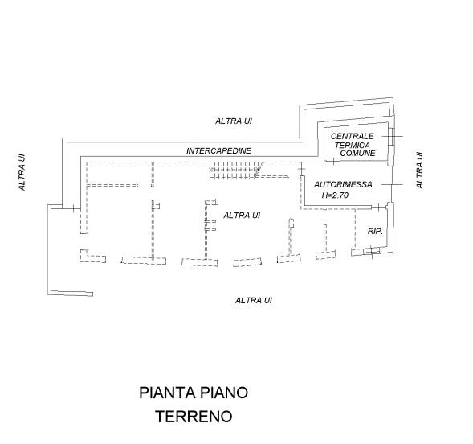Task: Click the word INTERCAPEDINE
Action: [x=218, y=150]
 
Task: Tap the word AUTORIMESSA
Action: [x=343, y=184]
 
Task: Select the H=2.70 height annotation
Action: [x=335, y=195]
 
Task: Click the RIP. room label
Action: [x=375, y=232]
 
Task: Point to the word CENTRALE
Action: [x=352, y=136]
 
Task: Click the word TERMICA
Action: [x=352, y=146]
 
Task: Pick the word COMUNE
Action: [x=358, y=153]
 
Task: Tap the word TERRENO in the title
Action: [x=194, y=417]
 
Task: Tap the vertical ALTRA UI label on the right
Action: [x=420, y=171]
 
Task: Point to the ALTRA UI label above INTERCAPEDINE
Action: [x=234, y=121]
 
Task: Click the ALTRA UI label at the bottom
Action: [x=254, y=301]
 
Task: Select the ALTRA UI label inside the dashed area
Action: [x=242, y=216]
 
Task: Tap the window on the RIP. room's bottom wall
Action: [x=371, y=251]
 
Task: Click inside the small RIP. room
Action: [x=372, y=228]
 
